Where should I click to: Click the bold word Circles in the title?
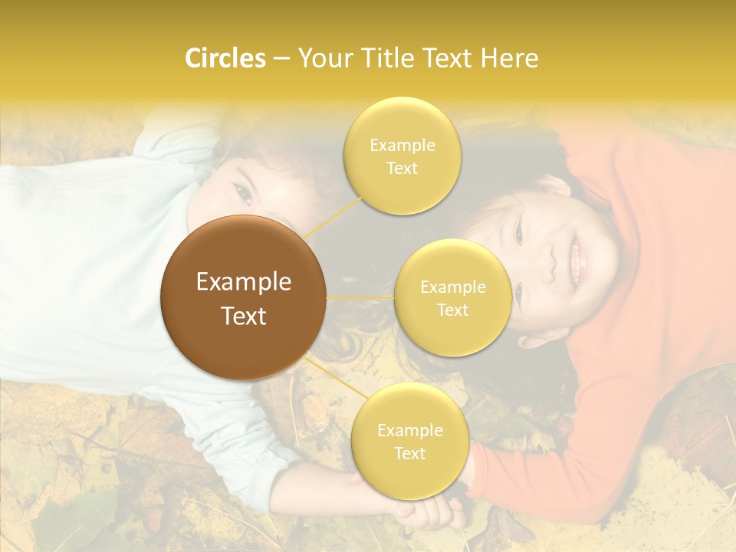coord(225,58)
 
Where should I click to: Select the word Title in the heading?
coord(383,58)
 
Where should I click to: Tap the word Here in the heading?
coord(509,58)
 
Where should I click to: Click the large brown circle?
coord(243,297)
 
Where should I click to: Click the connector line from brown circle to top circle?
coord(333,216)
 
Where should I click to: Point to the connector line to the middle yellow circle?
coord(360,297)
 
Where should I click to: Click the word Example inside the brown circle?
coord(243,282)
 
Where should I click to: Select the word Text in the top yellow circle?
coord(402,169)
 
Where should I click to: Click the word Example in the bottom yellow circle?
coord(409,431)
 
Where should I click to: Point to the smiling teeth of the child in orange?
coord(577,258)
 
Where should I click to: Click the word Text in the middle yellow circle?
coord(452,310)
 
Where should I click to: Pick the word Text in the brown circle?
coord(243,316)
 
